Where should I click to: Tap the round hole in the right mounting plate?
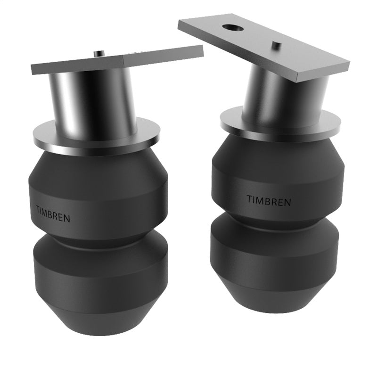click(233, 28)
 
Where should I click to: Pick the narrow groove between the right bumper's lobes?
click(276, 218)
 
